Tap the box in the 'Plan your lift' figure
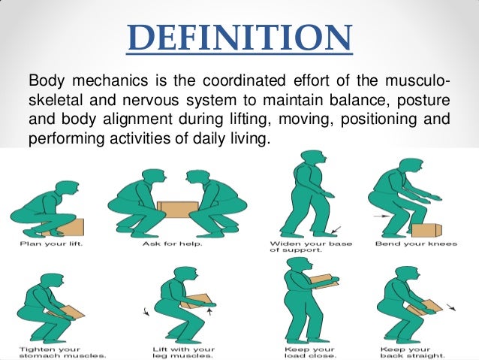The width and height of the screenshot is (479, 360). (x=73, y=227)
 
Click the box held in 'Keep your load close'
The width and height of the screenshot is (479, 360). (x=324, y=281)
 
